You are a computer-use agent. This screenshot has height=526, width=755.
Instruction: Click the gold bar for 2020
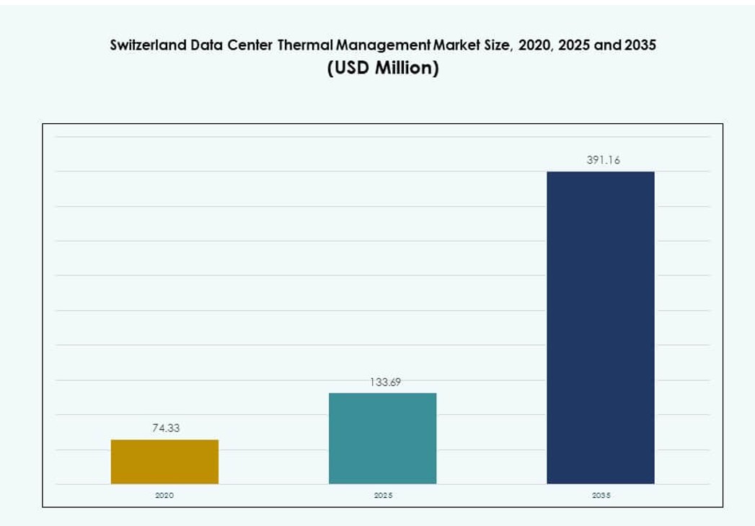[164, 461]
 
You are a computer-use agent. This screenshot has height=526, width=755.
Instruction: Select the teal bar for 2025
[382, 438]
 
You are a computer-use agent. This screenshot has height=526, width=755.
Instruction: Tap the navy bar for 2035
[600, 327]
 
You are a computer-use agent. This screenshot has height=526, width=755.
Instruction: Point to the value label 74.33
[166, 428]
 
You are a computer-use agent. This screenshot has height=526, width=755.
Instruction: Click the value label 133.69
[385, 382]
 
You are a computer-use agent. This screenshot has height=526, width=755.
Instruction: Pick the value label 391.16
[603, 161]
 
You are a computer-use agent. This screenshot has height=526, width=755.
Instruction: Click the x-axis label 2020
[164, 496]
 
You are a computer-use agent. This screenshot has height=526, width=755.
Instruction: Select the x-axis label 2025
[382, 496]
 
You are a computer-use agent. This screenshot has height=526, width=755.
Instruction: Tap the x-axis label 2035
[600, 496]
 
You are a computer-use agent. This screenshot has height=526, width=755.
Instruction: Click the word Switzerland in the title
[148, 45]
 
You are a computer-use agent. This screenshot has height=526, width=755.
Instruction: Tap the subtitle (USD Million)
[382, 68]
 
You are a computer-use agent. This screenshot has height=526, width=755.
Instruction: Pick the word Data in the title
[208, 45]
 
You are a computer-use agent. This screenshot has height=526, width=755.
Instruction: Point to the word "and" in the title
[606, 45]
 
